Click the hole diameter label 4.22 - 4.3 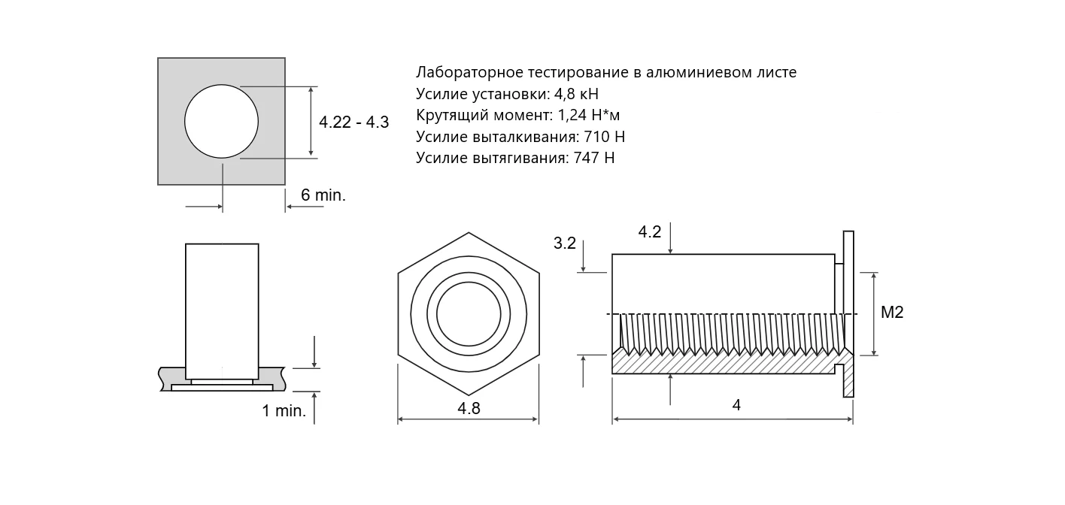[x=353, y=122]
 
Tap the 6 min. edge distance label [x=323, y=195]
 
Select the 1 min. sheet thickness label [x=284, y=411]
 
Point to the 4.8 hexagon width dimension [x=469, y=409]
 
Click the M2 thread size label [x=892, y=312]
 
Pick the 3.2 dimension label [x=564, y=243]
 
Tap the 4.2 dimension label [x=650, y=232]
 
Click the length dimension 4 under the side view [x=736, y=405]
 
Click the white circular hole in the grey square [x=222, y=121]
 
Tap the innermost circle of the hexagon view [x=469, y=314]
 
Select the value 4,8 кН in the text [x=576, y=94]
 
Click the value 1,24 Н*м [x=589, y=116]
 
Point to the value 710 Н [x=604, y=137]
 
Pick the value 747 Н [x=594, y=158]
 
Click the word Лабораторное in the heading [x=469, y=73]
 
